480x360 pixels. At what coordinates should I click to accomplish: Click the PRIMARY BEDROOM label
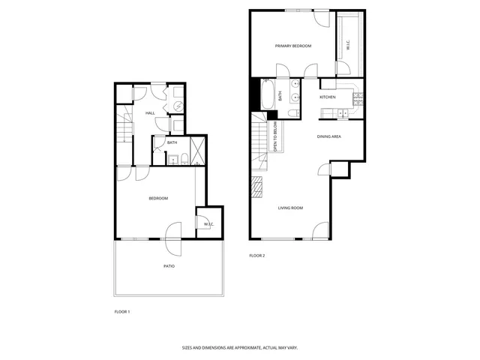293,46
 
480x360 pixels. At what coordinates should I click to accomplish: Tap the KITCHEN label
328,97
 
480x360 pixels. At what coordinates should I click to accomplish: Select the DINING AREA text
329,136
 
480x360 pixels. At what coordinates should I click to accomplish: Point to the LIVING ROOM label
290,208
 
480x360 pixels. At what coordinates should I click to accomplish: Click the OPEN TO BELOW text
275,136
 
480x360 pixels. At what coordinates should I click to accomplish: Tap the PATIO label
169,266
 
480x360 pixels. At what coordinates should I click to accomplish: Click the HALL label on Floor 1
150,113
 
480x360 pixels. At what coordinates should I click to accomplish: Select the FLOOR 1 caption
122,311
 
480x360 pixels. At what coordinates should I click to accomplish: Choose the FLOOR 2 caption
257,256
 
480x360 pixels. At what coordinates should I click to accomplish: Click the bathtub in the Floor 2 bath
267,95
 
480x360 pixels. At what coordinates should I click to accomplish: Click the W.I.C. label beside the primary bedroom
348,46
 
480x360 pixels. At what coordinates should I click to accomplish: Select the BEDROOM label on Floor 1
158,198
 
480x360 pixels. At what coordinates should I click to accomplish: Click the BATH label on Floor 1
172,142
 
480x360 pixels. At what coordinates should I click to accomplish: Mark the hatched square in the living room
259,184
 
